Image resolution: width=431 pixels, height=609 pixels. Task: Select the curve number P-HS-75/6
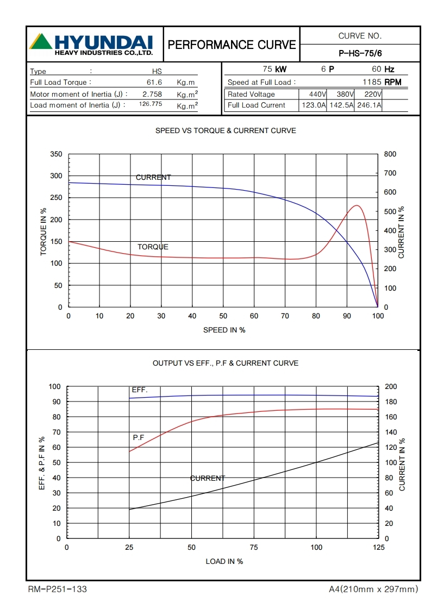(x=360, y=53)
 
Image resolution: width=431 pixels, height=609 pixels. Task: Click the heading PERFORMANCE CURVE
(x=232, y=45)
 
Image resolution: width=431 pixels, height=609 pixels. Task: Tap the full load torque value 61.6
(x=154, y=82)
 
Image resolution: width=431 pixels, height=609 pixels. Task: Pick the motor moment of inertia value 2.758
(x=145, y=94)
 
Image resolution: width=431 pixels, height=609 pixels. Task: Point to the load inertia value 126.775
(x=151, y=104)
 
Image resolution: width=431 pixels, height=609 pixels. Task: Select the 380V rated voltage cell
(x=341, y=94)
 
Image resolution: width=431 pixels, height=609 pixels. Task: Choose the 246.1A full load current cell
(x=368, y=105)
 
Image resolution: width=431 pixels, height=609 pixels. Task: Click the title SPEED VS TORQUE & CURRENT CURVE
(x=226, y=130)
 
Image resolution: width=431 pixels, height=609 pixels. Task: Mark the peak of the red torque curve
(x=357, y=205)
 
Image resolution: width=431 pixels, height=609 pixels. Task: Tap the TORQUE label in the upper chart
(x=153, y=247)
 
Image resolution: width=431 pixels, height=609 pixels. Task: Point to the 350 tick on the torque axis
(x=57, y=154)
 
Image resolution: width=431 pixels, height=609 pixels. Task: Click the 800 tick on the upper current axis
(x=390, y=154)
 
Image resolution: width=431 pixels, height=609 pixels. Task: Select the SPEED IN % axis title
(x=224, y=330)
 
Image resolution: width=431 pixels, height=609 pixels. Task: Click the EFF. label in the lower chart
(x=140, y=390)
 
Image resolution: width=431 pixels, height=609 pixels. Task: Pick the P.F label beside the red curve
(x=139, y=437)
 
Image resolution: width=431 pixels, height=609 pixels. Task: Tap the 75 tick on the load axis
(x=254, y=548)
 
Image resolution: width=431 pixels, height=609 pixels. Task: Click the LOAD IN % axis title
(x=224, y=561)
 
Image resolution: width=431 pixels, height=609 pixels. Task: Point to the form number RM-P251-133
(x=57, y=589)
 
